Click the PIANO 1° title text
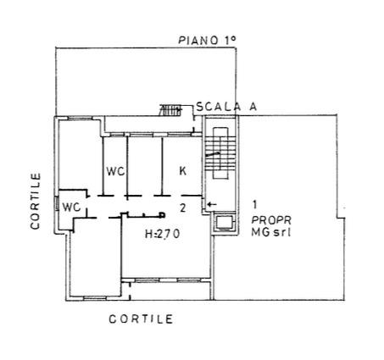pos(207,40)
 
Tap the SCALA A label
pos(226,107)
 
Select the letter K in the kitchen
pos(183,171)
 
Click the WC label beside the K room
pos(115,171)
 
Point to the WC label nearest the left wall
pos(71,208)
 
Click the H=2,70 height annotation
pos(162,234)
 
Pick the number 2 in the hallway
pos(183,208)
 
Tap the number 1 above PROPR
pos(254,204)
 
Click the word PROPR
pos(271,219)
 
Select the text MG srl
pos(271,232)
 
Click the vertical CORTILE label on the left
pos(36,202)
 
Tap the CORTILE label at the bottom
pos(141,319)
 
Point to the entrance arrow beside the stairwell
pos(212,204)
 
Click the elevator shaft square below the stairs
pos(224,223)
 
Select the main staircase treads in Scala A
pos(220,153)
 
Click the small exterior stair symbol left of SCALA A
pos(170,110)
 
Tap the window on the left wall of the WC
pos(57,203)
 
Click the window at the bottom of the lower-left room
pos(95,298)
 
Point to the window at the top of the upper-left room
pos(80,119)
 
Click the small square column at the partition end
pos(162,215)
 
